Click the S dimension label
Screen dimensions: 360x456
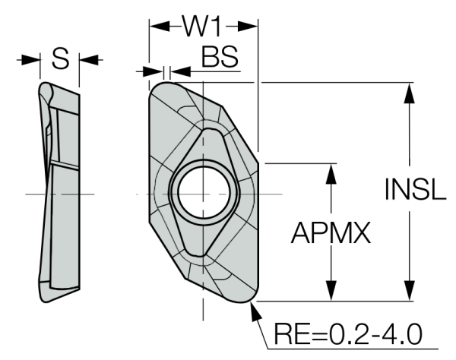coord(61,58)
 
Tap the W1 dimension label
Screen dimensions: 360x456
coord(201,27)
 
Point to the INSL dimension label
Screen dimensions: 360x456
coord(414,190)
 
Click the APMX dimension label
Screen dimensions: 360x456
coord(331,234)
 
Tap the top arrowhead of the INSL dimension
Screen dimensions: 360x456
coord(410,91)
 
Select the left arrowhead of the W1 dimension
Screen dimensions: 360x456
coord(155,26)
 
